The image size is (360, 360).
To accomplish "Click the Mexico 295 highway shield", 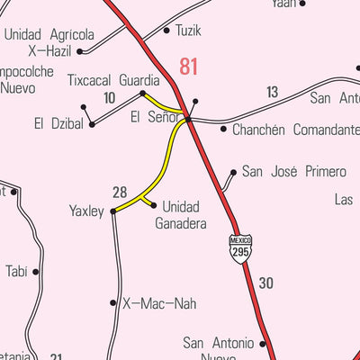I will [239, 247].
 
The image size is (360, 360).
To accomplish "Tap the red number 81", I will [188, 66].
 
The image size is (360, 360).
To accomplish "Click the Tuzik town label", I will [189, 31].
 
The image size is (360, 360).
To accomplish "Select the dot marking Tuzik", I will [166, 31].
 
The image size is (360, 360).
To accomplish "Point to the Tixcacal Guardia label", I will [113, 80].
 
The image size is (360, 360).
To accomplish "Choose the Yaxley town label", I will [87, 211].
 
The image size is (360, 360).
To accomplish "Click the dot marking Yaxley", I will [113, 211].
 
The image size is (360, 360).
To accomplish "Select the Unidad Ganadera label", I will [180, 214].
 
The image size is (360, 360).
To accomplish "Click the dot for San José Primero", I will [234, 171].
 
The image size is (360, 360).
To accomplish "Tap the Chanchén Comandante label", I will [295, 130].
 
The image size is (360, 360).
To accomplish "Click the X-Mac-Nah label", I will [158, 303].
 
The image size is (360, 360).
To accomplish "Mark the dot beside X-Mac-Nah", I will [113, 303].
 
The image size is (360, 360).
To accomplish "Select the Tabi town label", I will [16, 271].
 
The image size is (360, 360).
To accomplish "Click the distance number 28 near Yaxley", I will [120, 192].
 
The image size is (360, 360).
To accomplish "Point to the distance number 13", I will [272, 92].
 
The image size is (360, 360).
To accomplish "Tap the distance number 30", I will [265, 283].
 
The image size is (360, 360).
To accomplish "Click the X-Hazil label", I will [49, 51].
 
